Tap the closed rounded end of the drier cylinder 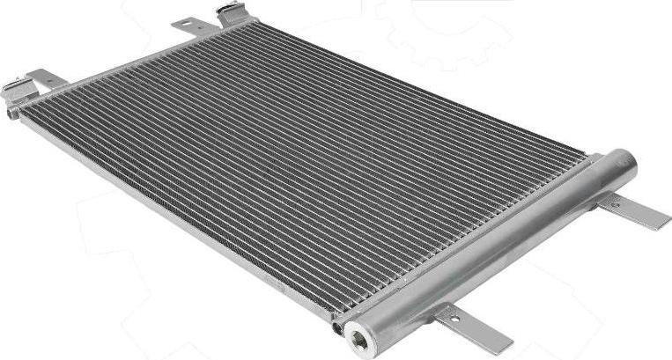(624, 162)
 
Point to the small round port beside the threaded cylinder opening (337, 328)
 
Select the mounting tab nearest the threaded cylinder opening (475, 328)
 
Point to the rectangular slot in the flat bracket (188, 25)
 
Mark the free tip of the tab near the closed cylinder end (661, 223)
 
